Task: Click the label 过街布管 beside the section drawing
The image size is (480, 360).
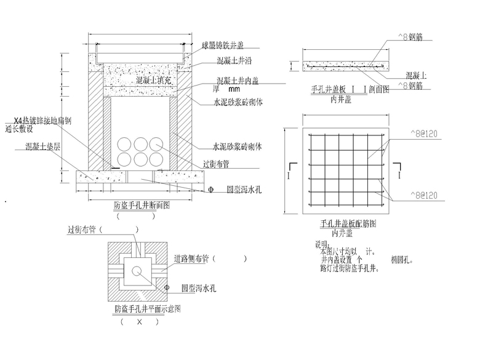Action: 217,164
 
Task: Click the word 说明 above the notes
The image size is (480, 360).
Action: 322,244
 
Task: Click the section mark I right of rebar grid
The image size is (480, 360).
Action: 401,175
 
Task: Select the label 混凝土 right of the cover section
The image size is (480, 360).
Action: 417,74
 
